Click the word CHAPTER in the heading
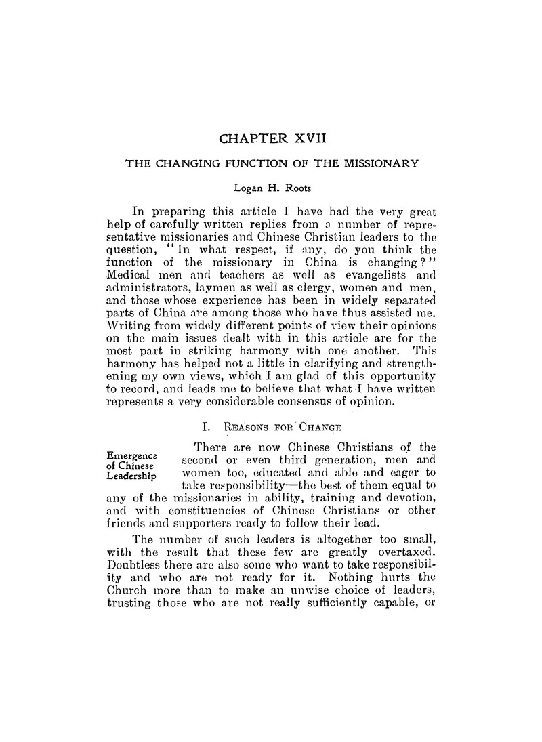(x=253, y=140)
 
